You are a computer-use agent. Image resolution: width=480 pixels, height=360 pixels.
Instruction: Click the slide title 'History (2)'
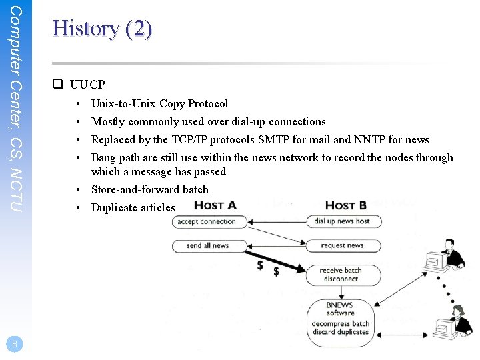pyautogui.click(x=102, y=29)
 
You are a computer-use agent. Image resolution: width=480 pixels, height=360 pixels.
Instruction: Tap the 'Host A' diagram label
pyautogui.click(x=215, y=205)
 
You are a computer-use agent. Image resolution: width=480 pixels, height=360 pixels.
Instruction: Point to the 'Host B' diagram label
pyautogui.click(x=345, y=205)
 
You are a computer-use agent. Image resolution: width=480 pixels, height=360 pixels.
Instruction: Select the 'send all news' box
pyautogui.click(x=208, y=245)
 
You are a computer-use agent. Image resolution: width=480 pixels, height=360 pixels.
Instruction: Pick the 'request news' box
pyautogui.click(x=343, y=245)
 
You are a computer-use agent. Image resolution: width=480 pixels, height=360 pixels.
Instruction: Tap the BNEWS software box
pyautogui.click(x=340, y=319)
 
